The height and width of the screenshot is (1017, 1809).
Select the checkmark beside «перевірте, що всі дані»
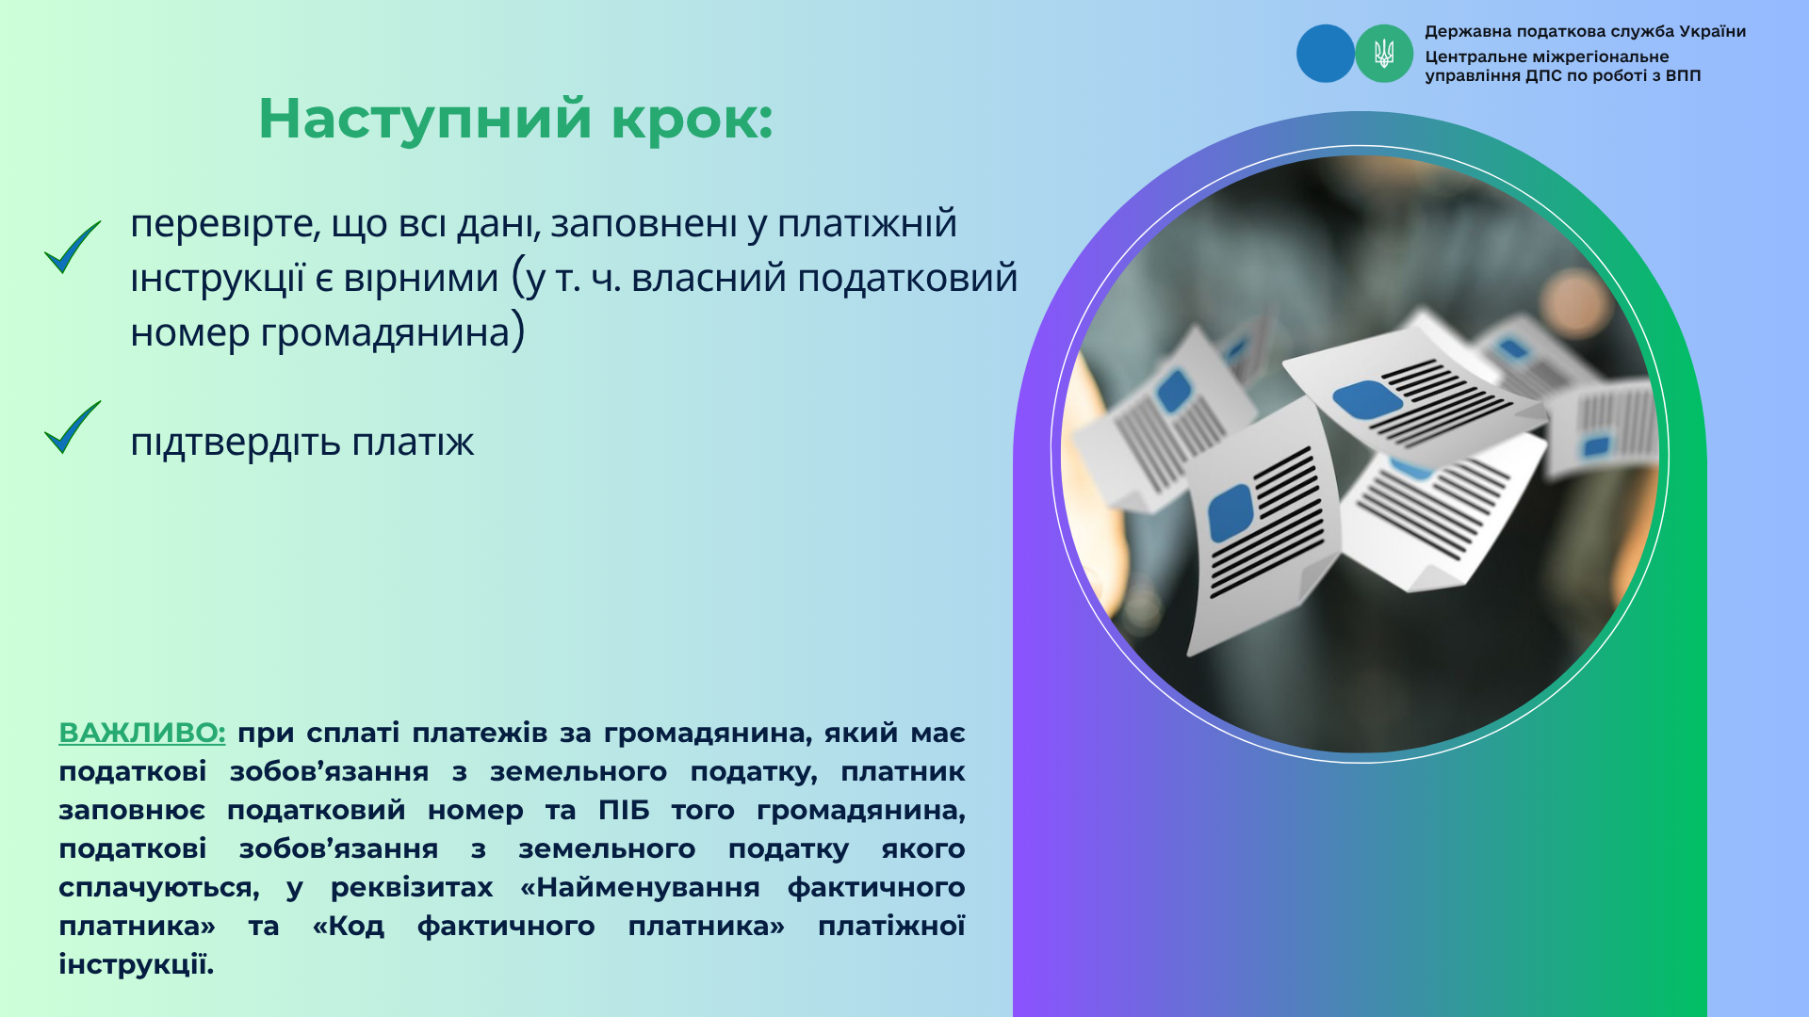click(73, 248)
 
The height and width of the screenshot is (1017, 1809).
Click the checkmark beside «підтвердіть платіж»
click(73, 428)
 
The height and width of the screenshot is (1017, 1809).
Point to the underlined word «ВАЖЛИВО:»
click(142, 733)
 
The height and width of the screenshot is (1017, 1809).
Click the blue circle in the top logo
click(1326, 54)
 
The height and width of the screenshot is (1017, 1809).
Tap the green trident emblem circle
click(1384, 54)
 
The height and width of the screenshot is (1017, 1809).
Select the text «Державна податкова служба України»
click(1586, 32)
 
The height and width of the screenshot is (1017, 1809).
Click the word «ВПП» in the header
click(1683, 75)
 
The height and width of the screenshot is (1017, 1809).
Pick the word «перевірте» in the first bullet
click(224, 225)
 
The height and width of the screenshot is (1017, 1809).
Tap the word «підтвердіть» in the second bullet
click(236, 443)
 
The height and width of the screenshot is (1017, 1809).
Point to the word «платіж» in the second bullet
click(413, 441)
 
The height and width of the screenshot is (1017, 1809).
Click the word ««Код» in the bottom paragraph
click(349, 926)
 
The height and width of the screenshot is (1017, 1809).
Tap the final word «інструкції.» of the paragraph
click(137, 964)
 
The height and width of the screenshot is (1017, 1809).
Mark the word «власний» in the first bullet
click(709, 279)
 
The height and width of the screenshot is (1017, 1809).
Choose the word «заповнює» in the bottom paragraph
click(132, 811)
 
